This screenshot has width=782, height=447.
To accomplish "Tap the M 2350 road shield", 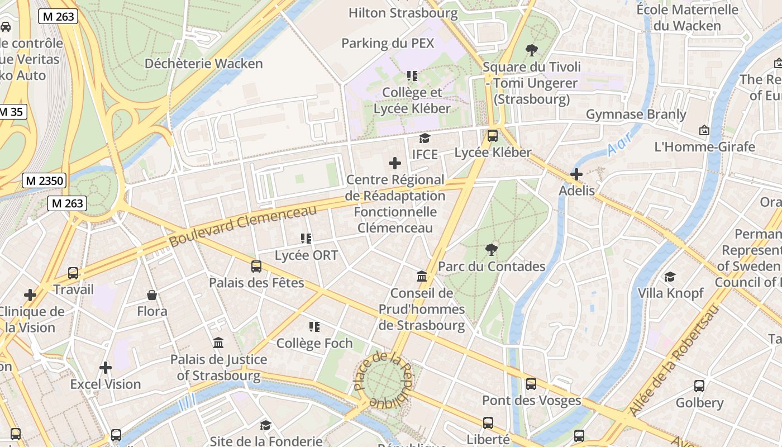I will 44,180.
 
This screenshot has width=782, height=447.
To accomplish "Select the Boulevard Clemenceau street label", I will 242,226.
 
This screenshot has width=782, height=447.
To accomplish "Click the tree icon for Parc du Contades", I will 492,249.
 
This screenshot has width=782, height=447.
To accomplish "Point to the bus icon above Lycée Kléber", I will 492,135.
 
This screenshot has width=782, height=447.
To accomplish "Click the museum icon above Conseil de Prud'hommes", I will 422,277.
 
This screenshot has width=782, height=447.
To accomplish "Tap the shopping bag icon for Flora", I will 152,294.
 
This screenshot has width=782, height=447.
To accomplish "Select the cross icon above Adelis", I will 576,174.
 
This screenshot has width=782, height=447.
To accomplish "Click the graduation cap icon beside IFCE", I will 425,138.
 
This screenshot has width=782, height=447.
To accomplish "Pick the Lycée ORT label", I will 306,255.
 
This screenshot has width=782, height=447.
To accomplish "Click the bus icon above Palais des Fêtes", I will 256,266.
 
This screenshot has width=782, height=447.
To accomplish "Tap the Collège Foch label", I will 314,343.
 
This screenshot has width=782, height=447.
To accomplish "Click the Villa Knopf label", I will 670,293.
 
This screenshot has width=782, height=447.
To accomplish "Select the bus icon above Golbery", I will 699,386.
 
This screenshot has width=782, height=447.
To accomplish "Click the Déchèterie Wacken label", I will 203,64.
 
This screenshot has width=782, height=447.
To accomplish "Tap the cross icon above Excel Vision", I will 106,368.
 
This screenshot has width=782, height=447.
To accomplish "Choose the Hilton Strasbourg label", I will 403,13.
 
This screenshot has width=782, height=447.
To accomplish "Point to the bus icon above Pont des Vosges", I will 531,384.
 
